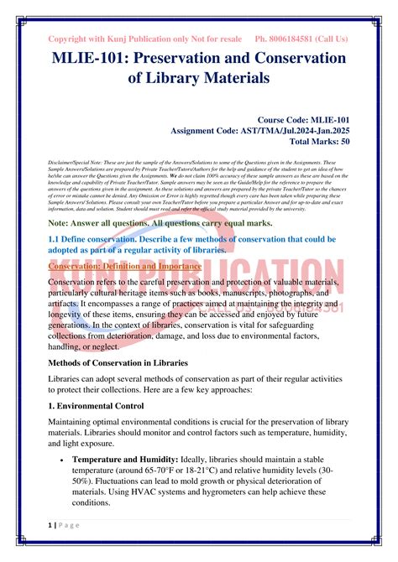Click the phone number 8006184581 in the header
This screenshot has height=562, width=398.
[x=293, y=39]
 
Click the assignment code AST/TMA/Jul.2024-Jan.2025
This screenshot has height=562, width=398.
[x=301, y=131]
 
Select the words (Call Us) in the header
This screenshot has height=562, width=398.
[x=332, y=39]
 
